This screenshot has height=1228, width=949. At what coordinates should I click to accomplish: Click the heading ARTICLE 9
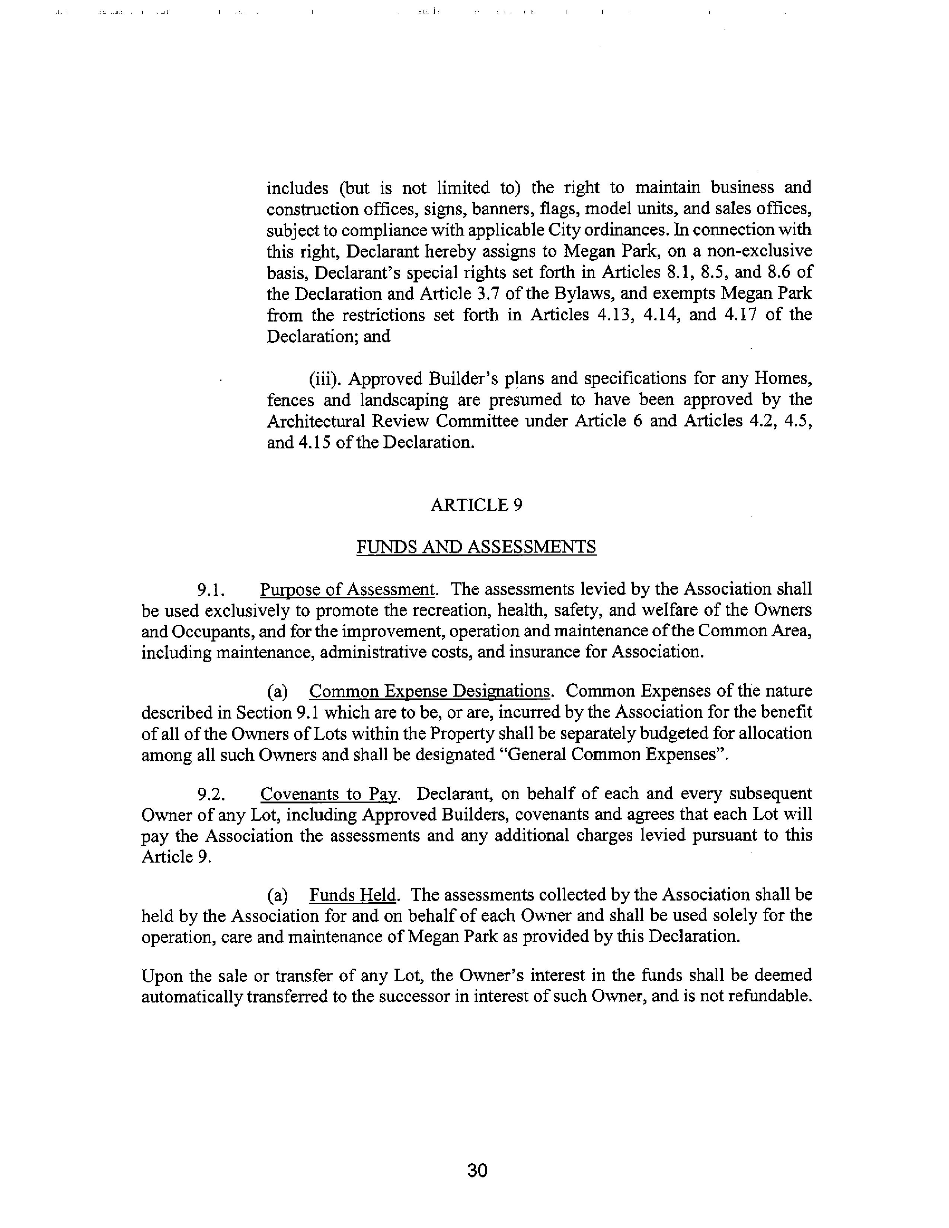pyautogui.click(x=476, y=505)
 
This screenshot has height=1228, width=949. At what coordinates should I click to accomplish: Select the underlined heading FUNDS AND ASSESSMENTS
pyautogui.click(x=476, y=547)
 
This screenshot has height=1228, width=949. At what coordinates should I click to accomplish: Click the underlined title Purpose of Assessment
pyautogui.click(x=347, y=589)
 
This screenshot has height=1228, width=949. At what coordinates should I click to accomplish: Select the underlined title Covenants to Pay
pyautogui.click(x=329, y=794)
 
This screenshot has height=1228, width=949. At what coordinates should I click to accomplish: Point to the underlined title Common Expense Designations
pyautogui.click(x=429, y=691)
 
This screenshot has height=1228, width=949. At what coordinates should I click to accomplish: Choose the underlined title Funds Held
pyautogui.click(x=352, y=895)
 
